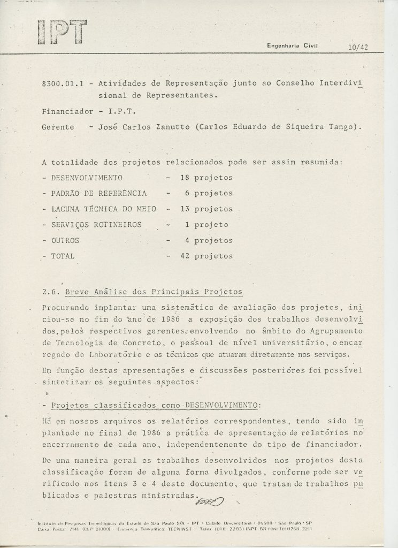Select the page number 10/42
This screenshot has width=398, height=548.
[x=357, y=47]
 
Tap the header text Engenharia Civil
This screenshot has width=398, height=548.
[x=292, y=46]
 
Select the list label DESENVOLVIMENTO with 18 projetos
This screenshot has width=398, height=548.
[x=87, y=177]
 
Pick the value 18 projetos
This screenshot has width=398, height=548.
[x=206, y=177]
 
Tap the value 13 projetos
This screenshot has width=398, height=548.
[x=206, y=209]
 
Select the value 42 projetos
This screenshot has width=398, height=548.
[x=206, y=256]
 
